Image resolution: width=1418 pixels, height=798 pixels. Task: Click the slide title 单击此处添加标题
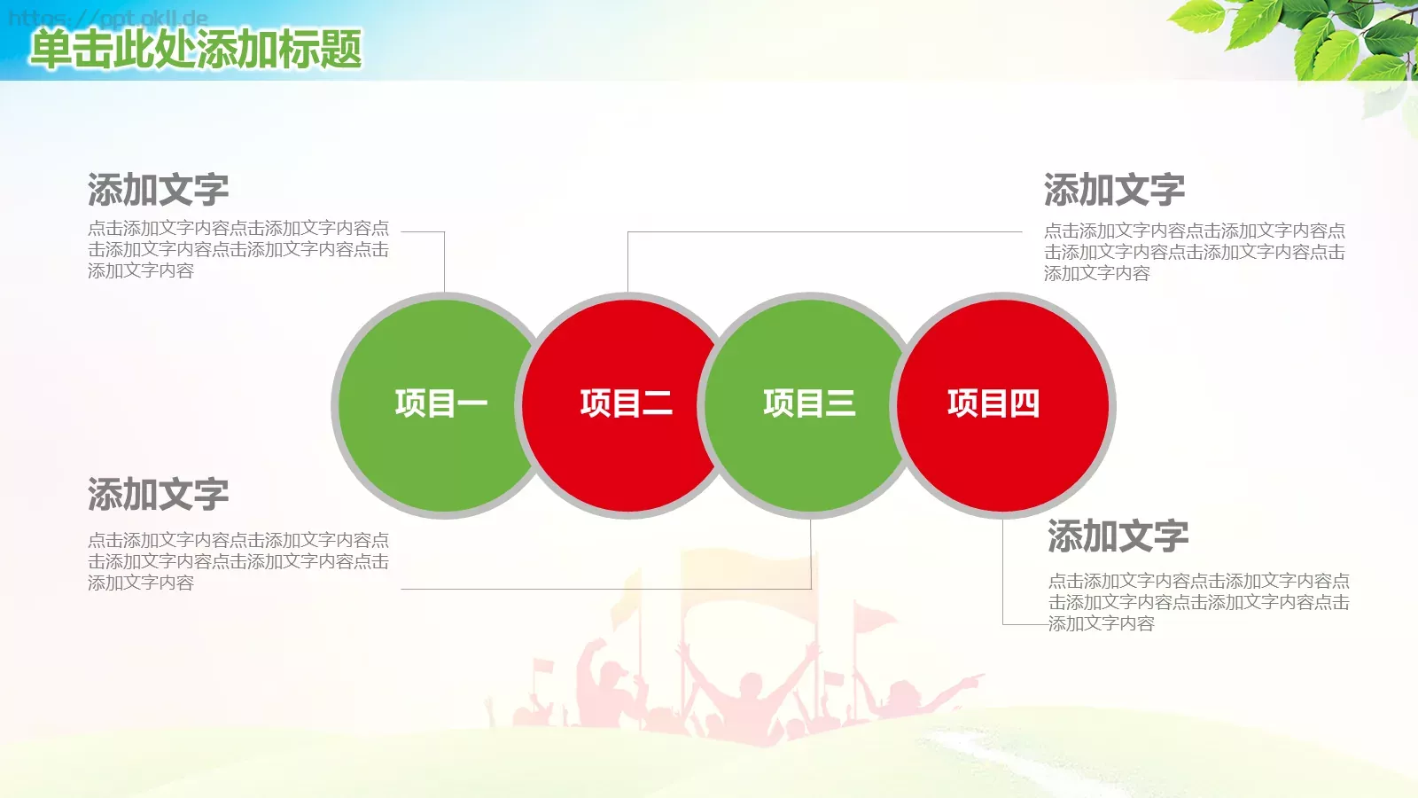click(x=196, y=49)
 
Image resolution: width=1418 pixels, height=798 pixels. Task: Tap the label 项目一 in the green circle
click(x=441, y=403)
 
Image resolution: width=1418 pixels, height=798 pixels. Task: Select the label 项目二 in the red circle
click(x=626, y=403)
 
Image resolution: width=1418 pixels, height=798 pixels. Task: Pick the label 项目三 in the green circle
click(x=809, y=403)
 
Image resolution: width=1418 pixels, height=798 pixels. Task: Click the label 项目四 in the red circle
click(x=993, y=403)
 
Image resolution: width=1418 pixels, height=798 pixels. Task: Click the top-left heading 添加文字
click(x=158, y=190)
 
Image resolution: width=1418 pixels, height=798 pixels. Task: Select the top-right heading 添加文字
click(x=1114, y=190)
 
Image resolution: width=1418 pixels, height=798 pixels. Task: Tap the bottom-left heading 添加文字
click(x=158, y=494)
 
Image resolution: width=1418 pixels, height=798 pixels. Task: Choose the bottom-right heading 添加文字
click(x=1118, y=536)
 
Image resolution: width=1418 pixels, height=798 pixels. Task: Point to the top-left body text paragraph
click(x=238, y=249)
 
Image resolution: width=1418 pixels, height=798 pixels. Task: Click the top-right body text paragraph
click(x=1194, y=252)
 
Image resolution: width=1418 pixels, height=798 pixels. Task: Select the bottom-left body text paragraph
click(x=238, y=561)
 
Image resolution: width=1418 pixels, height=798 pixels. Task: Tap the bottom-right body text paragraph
click(x=1198, y=602)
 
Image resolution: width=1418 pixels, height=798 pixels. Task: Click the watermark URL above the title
click(x=107, y=18)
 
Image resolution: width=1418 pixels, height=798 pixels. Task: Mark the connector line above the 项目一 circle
click(x=444, y=262)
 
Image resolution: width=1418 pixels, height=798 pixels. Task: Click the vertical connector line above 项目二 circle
click(x=627, y=262)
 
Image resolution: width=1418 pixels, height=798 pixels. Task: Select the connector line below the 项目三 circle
click(x=811, y=554)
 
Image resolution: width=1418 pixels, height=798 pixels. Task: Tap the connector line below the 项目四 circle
click(x=1003, y=572)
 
